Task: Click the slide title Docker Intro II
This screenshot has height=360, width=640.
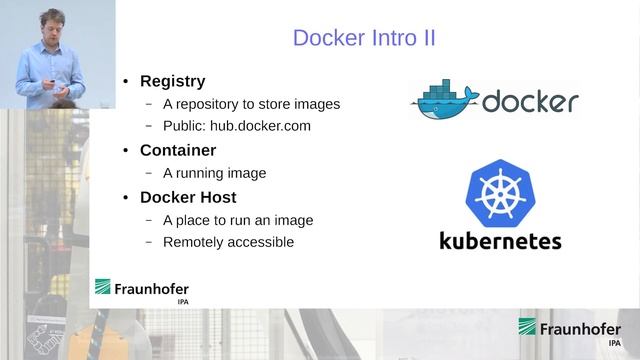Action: (363, 38)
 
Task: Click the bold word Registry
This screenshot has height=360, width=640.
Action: (172, 81)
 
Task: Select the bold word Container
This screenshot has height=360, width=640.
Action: (178, 150)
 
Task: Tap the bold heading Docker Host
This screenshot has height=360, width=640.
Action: (187, 197)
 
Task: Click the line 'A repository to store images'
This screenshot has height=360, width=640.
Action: (251, 104)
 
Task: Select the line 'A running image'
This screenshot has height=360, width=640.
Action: (214, 173)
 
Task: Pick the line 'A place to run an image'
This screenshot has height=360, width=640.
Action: (238, 220)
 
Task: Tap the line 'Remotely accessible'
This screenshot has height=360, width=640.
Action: (228, 242)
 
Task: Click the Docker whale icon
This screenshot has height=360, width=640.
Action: (444, 101)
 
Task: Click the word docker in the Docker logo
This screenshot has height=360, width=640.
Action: (530, 102)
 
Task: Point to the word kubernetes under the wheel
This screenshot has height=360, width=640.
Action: (500, 241)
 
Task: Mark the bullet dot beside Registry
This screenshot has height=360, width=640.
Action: (126, 82)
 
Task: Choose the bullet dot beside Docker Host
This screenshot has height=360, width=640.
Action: (126, 198)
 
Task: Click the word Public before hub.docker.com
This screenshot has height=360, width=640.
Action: (183, 126)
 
